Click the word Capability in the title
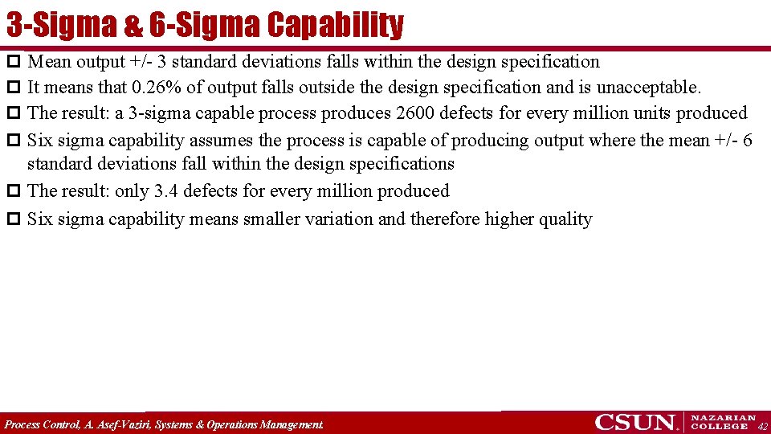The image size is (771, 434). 335,25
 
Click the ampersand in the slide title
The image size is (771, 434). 133,25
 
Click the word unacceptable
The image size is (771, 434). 648,87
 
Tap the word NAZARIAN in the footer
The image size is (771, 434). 724,418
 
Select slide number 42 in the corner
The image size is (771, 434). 762,427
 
